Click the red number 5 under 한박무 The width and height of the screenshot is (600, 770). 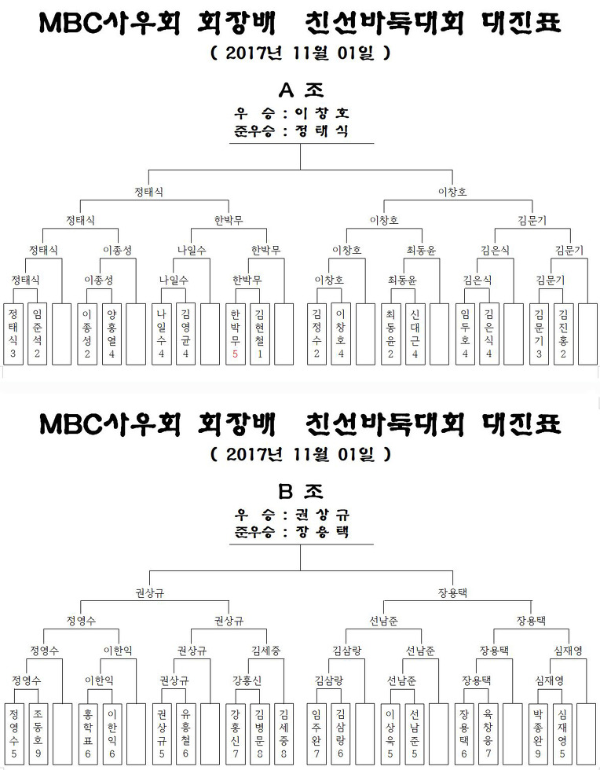click(235, 354)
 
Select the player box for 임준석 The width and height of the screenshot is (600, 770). click(38, 334)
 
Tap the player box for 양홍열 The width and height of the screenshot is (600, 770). click(112, 334)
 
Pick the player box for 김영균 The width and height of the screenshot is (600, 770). click(185, 334)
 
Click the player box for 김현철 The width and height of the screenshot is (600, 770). click(260, 334)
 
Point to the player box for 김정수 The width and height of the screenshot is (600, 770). click(316, 334)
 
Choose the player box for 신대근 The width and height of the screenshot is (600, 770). click(415, 334)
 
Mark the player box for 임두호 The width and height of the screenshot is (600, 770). click(465, 334)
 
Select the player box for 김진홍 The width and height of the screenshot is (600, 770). click(563, 334)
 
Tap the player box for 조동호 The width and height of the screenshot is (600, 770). click(38, 734)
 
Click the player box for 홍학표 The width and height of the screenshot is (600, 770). click(88, 734)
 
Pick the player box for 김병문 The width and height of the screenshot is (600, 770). click(260, 734)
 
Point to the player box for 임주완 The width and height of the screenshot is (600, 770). click(316, 734)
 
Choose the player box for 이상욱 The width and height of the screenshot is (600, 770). click(390, 734)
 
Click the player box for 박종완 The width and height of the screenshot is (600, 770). click(539, 734)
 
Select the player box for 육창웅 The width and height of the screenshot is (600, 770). click(488, 734)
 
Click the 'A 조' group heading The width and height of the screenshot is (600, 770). click(301, 90)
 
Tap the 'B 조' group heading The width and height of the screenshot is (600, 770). click(301, 491)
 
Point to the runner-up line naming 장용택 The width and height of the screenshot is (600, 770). click(291, 532)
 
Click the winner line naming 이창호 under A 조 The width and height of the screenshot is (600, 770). click(291, 113)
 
